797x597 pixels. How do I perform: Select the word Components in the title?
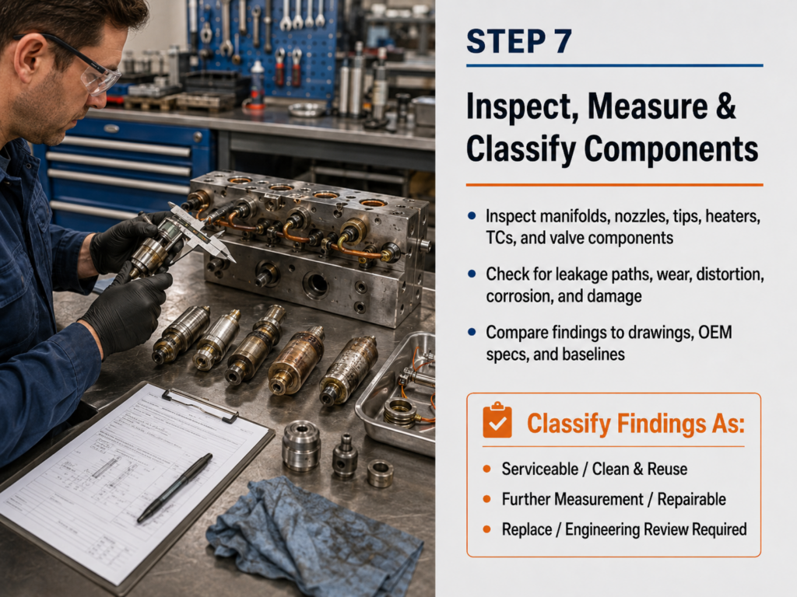[671, 149]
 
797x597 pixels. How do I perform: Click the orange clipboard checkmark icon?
[497, 420]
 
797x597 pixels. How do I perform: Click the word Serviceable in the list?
[540, 469]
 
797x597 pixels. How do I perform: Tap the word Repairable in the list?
[691, 500]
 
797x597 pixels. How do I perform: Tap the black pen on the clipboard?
[175, 487]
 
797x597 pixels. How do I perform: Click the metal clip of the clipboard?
[199, 404]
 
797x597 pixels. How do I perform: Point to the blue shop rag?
[314, 538]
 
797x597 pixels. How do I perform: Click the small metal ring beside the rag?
[380, 473]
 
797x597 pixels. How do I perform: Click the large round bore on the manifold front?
[316, 285]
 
